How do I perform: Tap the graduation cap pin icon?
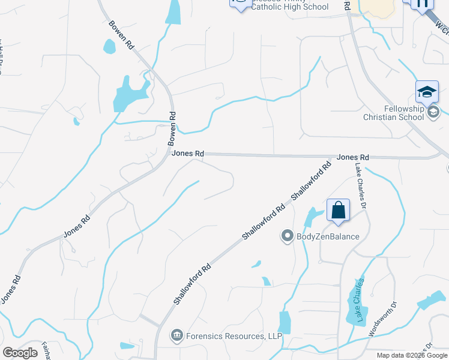(x=427, y=92)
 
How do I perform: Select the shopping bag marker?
(x=338, y=211)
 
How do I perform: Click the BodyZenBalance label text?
(x=328, y=236)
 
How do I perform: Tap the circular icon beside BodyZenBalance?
(x=288, y=236)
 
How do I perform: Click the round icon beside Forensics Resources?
(x=176, y=334)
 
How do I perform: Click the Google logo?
(x=20, y=352)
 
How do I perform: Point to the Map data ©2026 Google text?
(x=411, y=355)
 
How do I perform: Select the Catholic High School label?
(x=290, y=7)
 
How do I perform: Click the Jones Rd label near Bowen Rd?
(x=188, y=154)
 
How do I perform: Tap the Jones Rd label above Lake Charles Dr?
(x=352, y=157)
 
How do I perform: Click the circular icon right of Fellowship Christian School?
(x=434, y=112)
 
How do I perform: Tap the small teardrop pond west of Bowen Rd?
(x=109, y=46)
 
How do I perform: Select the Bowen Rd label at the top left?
(x=121, y=35)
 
